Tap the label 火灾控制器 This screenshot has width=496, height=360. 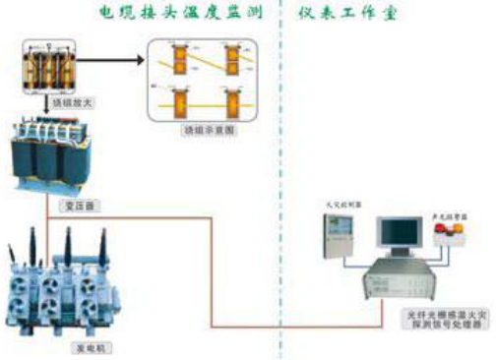(x=336, y=204)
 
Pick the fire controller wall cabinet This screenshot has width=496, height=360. (x=337, y=234)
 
